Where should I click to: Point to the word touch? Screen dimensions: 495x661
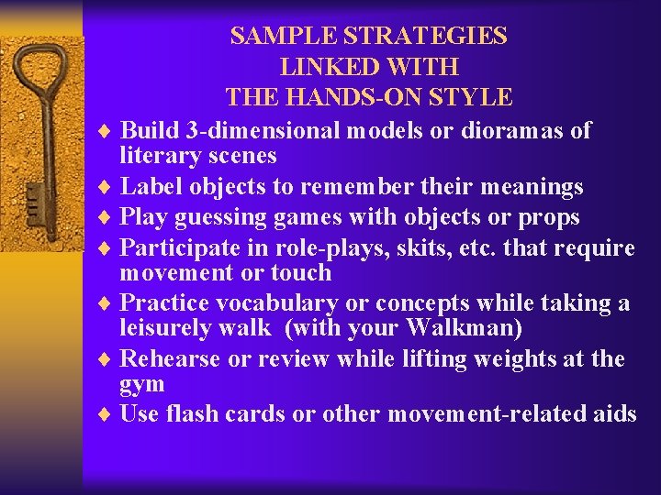[x=300, y=272]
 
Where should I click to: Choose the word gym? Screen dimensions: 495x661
[x=142, y=384]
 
